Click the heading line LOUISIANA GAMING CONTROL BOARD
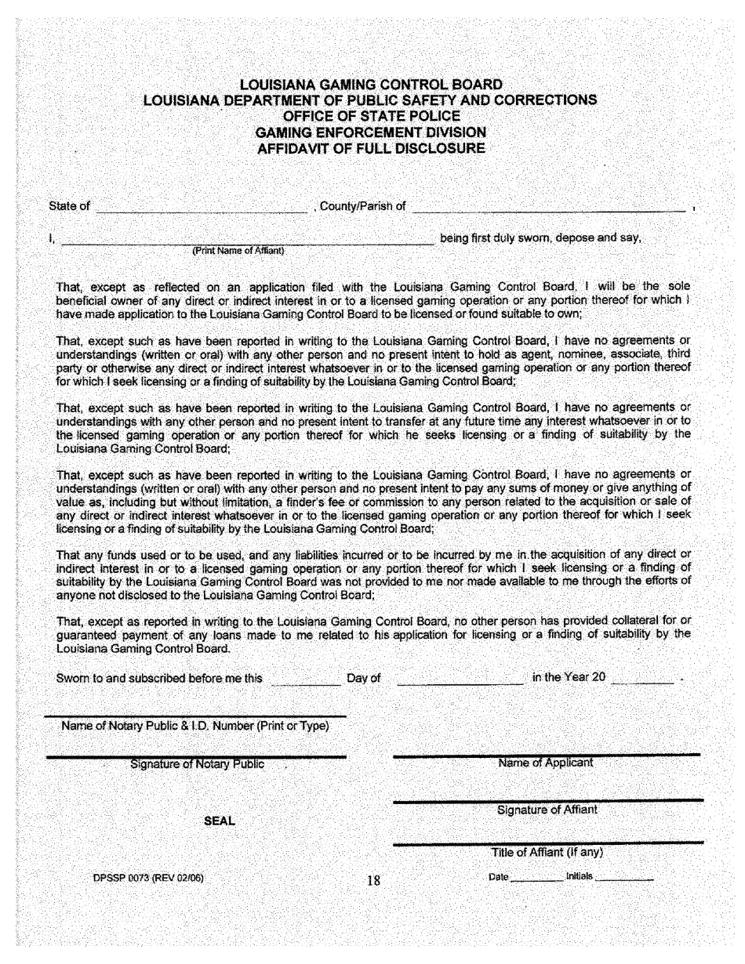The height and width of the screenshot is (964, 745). pos(371,85)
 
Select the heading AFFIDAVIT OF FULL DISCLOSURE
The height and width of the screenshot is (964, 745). pos(371,148)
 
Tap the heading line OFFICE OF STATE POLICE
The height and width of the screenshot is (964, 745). pos(371,117)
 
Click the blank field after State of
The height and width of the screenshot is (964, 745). pos(201,207)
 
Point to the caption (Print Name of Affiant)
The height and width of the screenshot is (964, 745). pos(238,251)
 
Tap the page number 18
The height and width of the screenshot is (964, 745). pos(373,880)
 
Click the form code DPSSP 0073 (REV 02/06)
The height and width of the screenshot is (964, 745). pos(148,878)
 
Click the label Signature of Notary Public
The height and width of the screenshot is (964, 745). pos(197,764)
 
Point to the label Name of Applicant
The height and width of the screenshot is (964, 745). pos(546,763)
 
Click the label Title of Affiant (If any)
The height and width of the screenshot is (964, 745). pos(547,853)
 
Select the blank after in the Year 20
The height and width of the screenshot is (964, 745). pos(641,678)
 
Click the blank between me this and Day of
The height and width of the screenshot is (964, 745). pos(304,678)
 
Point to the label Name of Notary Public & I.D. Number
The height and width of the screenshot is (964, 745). pos(194,726)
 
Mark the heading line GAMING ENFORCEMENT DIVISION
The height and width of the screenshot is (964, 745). pos(371,132)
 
